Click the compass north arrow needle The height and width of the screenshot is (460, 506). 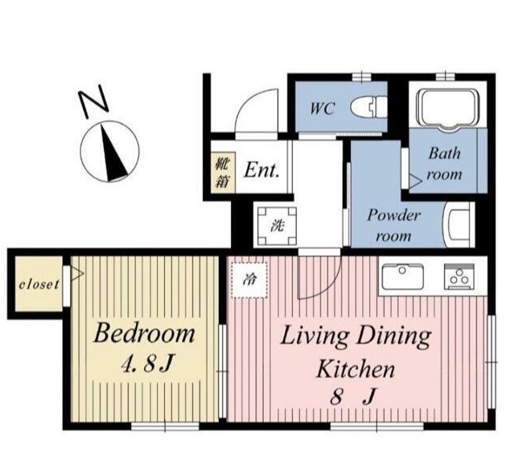click(113, 154)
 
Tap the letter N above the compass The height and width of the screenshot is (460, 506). click(93, 102)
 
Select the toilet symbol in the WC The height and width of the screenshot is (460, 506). click(368, 106)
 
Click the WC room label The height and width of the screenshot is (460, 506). click(322, 108)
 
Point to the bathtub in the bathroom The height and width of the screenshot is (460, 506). click(447, 110)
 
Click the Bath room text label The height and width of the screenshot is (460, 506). click(444, 164)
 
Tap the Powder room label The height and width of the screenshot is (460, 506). click(393, 226)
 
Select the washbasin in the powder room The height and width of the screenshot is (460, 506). click(458, 225)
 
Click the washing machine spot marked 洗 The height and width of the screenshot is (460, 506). click(277, 226)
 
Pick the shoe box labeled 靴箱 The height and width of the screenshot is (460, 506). click(223, 172)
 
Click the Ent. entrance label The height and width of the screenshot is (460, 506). click(261, 170)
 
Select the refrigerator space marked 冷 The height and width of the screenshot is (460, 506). click(249, 280)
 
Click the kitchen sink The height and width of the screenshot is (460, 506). click(402, 277)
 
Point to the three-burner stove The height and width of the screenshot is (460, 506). click(459, 276)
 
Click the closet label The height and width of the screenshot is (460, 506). click(39, 284)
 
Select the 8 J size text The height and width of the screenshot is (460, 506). click(353, 396)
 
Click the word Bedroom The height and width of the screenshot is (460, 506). click(144, 333)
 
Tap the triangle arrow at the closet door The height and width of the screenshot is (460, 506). click(76, 273)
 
